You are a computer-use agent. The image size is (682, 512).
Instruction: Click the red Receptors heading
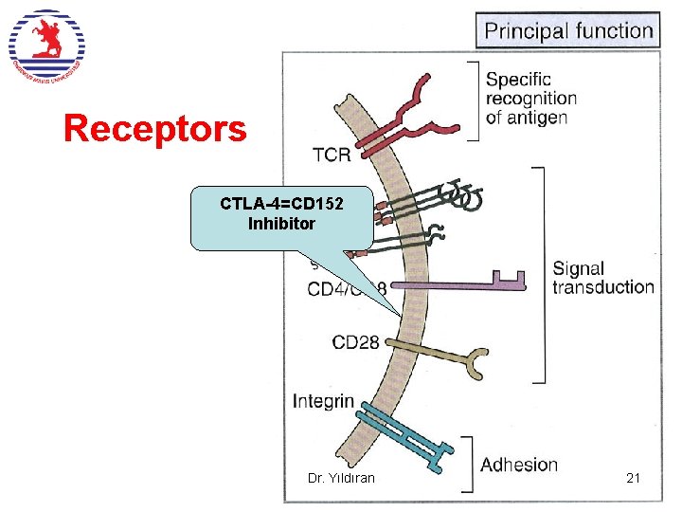154,129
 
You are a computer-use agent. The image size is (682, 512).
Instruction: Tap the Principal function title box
568,30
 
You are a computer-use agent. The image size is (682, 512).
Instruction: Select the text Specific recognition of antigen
529,99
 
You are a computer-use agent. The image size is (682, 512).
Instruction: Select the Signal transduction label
602,277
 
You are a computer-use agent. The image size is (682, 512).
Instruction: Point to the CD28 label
355,341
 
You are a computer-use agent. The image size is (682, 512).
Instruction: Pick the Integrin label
323,401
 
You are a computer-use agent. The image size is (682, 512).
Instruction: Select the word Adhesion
518,464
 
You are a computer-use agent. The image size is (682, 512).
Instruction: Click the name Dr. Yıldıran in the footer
341,478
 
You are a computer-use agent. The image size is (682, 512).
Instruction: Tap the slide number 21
633,478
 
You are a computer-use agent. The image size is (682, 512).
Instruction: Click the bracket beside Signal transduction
540,275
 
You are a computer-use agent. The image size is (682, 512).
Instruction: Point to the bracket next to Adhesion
466,465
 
